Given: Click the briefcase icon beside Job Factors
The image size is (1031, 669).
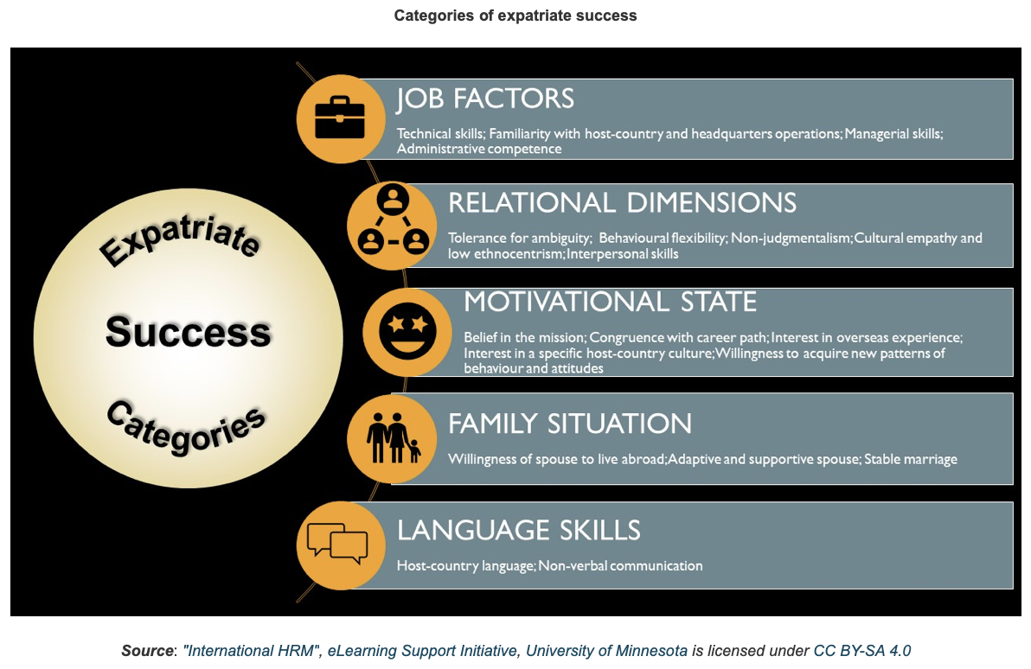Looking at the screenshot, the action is click(340, 118).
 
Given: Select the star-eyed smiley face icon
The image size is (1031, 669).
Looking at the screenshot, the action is click(407, 331).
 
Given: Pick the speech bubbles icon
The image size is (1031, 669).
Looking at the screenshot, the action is click(337, 544).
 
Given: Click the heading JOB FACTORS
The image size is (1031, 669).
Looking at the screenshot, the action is click(485, 99).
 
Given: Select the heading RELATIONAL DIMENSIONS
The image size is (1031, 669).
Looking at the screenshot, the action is click(622, 202).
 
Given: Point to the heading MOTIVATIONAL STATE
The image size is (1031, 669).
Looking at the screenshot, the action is click(610, 302).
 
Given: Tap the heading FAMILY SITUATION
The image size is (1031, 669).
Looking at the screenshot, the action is click(570, 424).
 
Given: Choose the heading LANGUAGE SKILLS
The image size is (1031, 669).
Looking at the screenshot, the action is click(519, 531).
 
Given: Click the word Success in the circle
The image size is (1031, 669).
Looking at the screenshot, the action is click(188, 331).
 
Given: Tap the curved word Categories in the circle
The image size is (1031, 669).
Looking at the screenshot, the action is click(186, 427).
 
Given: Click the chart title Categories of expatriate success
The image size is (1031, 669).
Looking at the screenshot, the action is click(515, 16).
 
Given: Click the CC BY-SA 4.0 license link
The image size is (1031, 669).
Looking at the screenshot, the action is click(862, 651).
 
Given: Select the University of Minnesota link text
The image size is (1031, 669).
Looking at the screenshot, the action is click(606, 651).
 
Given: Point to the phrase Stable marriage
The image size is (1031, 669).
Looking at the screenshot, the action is click(911, 459).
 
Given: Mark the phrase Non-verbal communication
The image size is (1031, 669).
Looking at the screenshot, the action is click(621, 565).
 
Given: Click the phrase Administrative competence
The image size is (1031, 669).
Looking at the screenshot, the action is click(478, 149).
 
